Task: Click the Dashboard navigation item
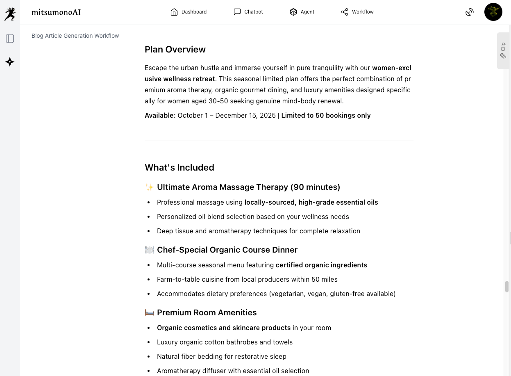(x=189, y=12)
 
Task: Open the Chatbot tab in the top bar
(x=248, y=12)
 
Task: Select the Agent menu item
(x=302, y=12)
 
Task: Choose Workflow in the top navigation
(x=357, y=12)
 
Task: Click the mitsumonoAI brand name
(x=56, y=12)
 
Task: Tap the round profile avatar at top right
(x=493, y=12)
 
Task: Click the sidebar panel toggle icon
(x=10, y=39)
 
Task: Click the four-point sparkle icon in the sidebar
(x=10, y=62)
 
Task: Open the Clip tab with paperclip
(x=503, y=50)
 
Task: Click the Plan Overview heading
(x=175, y=50)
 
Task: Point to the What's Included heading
(x=179, y=167)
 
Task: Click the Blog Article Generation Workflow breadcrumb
(x=75, y=36)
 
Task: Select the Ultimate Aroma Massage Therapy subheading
(x=248, y=187)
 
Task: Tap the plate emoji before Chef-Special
(x=150, y=250)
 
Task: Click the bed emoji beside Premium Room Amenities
(x=150, y=313)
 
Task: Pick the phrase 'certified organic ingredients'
(x=321, y=265)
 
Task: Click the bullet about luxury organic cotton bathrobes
(x=225, y=342)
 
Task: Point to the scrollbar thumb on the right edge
(x=507, y=287)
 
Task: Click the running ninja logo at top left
(x=10, y=14)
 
